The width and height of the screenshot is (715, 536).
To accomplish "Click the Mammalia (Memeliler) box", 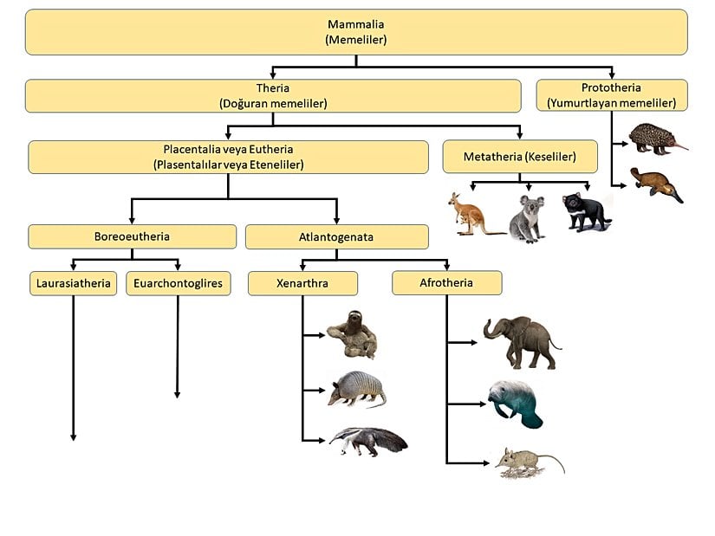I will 356,32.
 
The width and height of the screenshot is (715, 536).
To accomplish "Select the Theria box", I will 273,95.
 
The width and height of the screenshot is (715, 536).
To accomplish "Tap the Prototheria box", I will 612,95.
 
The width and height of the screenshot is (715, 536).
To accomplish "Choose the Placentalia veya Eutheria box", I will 228,157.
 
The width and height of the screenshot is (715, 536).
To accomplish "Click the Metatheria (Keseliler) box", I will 520,157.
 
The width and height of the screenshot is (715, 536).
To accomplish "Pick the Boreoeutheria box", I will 132,236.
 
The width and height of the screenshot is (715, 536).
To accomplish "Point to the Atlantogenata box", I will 336,236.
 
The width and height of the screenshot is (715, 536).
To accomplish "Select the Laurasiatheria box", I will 73,283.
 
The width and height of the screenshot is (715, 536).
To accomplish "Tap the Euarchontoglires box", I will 179,283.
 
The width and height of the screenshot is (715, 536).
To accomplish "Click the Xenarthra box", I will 302,283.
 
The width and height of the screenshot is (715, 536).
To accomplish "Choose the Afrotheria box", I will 446,282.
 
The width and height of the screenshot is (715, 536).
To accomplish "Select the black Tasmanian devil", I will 587,211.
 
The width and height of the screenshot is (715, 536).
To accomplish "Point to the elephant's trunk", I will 491,330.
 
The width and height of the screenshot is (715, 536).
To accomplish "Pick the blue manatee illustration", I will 514,403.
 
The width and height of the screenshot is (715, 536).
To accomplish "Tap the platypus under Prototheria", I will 655,184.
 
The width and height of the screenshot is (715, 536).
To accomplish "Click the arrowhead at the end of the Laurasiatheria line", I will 73,436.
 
